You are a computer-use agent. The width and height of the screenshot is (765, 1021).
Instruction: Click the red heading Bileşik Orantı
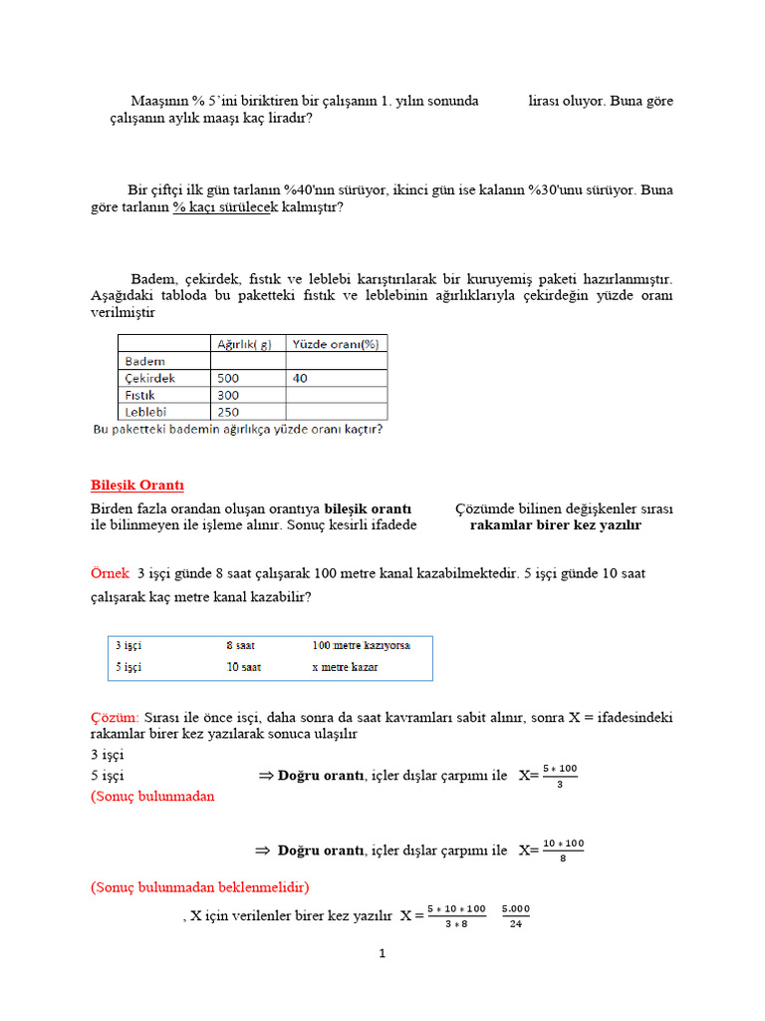click(x=137, y=486)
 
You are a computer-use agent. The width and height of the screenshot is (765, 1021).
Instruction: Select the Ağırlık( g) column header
click(x=243, y=344)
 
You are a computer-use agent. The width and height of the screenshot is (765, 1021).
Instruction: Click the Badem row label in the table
click(x=146, y=361)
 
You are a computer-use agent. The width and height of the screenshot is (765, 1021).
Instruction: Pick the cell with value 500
click(x=228, y=378)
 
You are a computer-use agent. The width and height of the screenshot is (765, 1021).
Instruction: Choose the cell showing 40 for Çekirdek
click(x=301, y=378)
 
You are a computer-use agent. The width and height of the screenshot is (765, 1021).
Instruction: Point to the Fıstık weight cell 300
click(x=228, y=395)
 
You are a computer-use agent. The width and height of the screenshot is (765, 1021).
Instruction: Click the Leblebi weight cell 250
click(x=228, y=411)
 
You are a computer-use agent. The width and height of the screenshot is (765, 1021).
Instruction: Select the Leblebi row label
click(x=147, y=411)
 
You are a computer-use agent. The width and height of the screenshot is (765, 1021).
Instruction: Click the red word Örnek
click(x=110, y=573)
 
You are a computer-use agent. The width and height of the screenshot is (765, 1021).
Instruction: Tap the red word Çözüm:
click(x=115, y=717)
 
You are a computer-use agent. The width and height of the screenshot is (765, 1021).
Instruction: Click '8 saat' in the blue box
click(x=240, y=646)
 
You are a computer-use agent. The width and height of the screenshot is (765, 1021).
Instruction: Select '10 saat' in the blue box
click(x=243, y=667)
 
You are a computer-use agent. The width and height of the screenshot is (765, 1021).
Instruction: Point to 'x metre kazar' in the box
click(x=345, y=667)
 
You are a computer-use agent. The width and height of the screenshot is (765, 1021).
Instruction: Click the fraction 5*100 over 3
click(x=559, y=776)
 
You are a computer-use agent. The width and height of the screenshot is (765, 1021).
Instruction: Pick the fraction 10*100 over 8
click(x=563, y=851)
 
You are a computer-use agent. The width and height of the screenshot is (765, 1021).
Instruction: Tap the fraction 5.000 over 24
click(x=515, y=915)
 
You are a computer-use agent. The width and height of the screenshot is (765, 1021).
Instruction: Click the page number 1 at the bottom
click(x=382, y=954)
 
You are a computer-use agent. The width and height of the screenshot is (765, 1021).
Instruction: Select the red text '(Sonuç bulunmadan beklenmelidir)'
click(x=199, y=886)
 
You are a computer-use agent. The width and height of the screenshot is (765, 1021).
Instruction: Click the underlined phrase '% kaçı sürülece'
click(x=222, y=207)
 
